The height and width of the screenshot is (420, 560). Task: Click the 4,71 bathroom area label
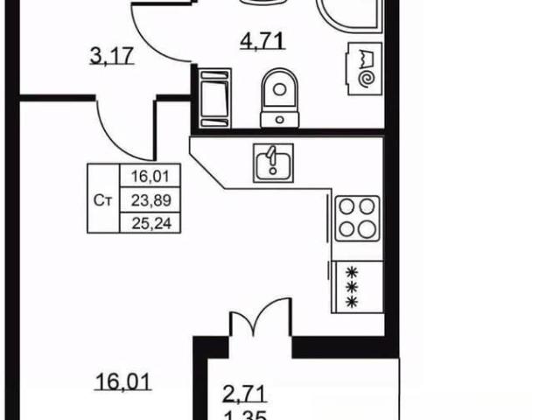(262, 40)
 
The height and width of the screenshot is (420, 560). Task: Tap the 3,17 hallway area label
(111, 56)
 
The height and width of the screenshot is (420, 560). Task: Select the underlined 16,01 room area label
(123, 381)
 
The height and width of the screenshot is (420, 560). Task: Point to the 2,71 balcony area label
(245, 395)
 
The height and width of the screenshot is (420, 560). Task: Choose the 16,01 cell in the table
(150, 176)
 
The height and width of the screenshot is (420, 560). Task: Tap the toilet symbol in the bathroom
(280, 97)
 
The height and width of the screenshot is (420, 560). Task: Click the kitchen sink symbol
(273, 163)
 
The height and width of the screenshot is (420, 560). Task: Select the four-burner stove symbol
(357, 218)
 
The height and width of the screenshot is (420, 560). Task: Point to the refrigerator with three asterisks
(357, 287)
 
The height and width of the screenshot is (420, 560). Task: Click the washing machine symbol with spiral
(363, 69)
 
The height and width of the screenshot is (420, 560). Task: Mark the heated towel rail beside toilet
(215, 98)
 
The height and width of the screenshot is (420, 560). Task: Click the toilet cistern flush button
(280, 120)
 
